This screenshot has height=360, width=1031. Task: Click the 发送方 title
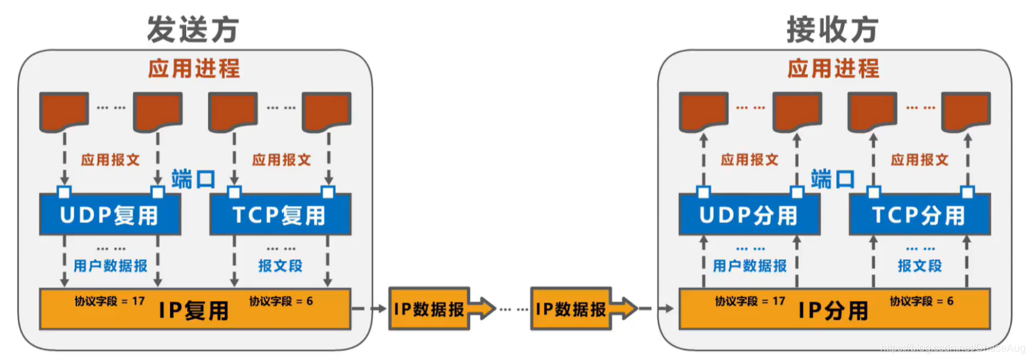pos(193,30)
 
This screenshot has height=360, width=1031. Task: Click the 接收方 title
pos(832,30)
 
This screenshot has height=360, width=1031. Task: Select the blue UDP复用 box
pos(110,215)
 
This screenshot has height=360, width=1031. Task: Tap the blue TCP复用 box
pos(279,215)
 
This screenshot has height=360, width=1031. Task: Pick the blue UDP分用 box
pos(749,215)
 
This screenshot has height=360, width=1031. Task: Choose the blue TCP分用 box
pos(919,215)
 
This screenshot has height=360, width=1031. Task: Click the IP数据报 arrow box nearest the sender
pos(430,309)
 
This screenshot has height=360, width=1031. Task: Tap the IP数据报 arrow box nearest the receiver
pos(571,309)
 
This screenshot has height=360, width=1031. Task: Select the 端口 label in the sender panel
pos(193,179)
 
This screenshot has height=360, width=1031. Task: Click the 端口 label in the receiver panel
pos(832,179)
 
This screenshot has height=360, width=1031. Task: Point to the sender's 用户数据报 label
pos(110,266)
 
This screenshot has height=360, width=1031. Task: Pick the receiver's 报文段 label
pos(920,266)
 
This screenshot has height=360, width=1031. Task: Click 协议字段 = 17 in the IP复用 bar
pos(110,301)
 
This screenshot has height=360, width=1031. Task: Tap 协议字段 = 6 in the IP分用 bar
pos(921,301)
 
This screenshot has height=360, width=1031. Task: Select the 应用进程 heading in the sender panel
pos(193,68)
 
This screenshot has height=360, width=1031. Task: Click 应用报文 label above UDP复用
pos(110,160)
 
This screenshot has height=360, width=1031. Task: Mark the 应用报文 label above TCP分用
pos(920,160)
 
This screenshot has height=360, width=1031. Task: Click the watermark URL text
pos(952,348)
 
